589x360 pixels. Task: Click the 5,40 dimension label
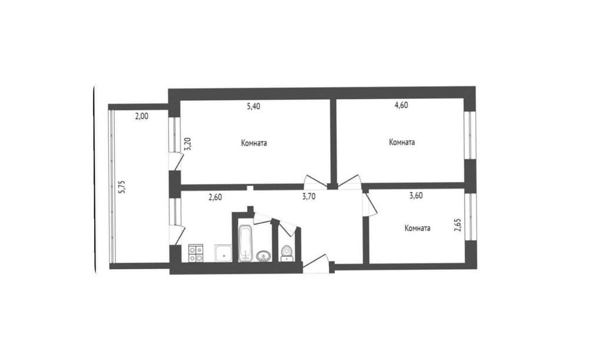click(x=253, y=106)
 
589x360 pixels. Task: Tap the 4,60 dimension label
click(x=401, y=105)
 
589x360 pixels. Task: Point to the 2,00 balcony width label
click(x=141, y=117)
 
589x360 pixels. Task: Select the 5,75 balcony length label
click(x=122, y=187)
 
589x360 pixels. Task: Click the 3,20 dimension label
click(x=188, y=144)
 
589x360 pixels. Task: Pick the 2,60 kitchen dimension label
click(x=215, y=197)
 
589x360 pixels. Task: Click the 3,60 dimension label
click(x=416, y=196)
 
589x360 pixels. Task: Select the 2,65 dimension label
click(x=458, y=224)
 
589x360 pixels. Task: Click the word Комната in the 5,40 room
click(x=254, y=143)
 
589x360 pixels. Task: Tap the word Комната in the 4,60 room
click(x=402, y=143)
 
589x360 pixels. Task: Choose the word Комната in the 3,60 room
click(x=418, y=228)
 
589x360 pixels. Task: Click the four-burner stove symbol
click(x=196, y=253)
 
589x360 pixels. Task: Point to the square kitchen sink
click(x=223, y=253)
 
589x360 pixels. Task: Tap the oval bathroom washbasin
click(x=264, y=256)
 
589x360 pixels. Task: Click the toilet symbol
click(x=287, y=253)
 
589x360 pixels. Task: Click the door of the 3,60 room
click(x=369, y=204)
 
